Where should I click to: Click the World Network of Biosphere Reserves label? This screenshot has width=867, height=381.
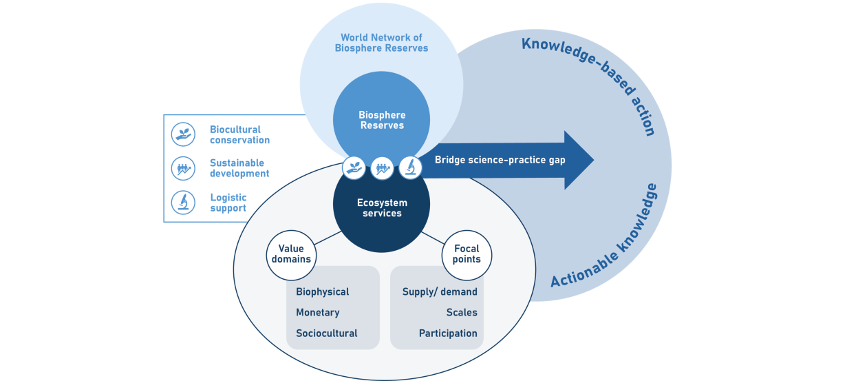381,43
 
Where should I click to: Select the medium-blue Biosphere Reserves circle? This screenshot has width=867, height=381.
381,110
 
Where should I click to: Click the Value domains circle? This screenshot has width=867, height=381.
290,254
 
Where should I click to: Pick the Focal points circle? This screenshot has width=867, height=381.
467,254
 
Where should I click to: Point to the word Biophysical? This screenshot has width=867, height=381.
322,292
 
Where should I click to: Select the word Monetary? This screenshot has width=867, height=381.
317,313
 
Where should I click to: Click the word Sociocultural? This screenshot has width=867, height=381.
326,333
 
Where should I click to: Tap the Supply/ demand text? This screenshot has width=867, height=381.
440,292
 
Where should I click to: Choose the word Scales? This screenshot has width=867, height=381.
461,313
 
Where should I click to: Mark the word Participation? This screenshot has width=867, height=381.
448,333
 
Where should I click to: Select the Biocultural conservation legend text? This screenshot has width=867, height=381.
239,134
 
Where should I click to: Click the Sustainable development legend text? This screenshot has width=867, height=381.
239,168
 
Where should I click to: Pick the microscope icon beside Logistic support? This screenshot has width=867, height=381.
183,202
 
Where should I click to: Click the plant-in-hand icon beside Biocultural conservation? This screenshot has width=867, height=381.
183,134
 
